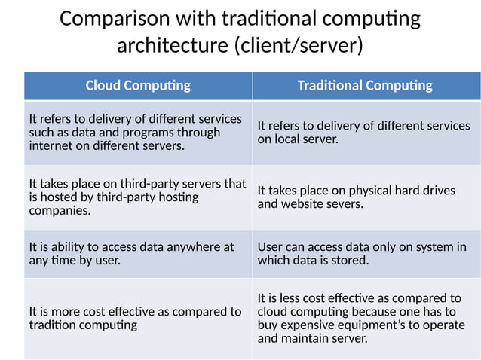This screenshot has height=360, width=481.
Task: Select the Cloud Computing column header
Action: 138,85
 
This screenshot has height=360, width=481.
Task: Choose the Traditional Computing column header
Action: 365,85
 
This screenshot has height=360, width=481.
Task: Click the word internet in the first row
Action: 51,145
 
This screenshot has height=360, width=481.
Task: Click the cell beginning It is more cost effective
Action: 136,318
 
